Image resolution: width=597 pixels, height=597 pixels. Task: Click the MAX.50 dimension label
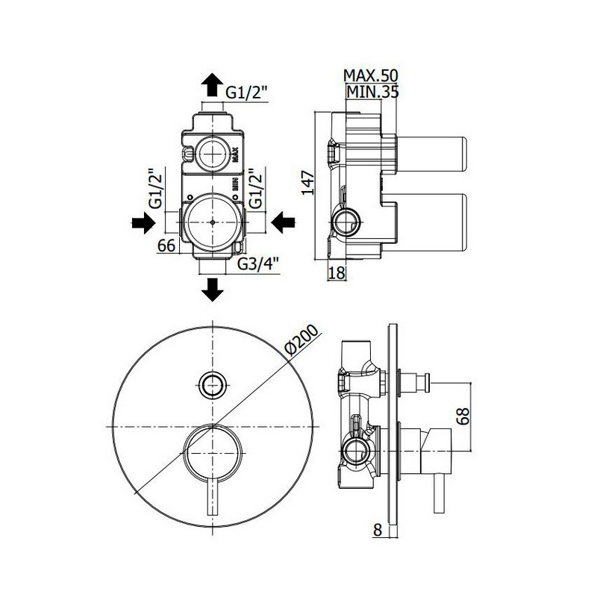[370, 76]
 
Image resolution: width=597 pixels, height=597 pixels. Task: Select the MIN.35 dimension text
[372, 92]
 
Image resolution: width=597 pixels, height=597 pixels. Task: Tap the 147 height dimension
[308, 183]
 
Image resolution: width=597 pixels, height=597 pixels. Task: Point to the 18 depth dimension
[337, 272]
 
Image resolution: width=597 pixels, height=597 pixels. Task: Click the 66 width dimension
[166, 246]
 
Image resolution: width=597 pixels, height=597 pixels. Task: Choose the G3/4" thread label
[258, 263]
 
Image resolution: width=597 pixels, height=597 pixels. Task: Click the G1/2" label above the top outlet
[247, 93]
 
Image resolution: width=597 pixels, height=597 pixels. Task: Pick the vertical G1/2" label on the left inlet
[157, 189]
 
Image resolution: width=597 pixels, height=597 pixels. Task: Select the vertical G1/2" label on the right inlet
[256, 189]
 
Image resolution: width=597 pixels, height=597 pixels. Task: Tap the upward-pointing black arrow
[212, 84]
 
